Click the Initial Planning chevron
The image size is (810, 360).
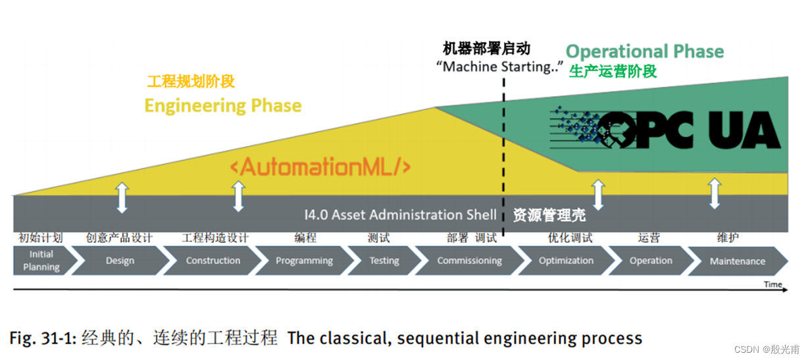tap(41, 261)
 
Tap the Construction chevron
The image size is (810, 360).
tap(213, 261)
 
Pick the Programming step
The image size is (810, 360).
tap(304, 261)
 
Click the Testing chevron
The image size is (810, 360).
tap(384, 261)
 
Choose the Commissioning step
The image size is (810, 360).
tap(469, 261)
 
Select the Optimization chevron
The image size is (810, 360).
tap(566, 261)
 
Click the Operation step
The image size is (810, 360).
tap(651, 261)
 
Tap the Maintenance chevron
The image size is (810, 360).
tap(737, 261)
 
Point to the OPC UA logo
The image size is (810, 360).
tap(665, 130)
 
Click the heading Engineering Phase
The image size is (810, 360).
tap(222, 106)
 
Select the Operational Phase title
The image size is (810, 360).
tap(644, 51)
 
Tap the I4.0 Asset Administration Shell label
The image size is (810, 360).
tap(401, 215)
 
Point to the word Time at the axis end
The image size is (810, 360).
tap(772, 284)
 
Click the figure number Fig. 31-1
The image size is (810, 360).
tap(43, 338)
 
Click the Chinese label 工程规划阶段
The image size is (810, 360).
tap(191, 82)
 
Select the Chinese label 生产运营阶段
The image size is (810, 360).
tap(613, 72)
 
